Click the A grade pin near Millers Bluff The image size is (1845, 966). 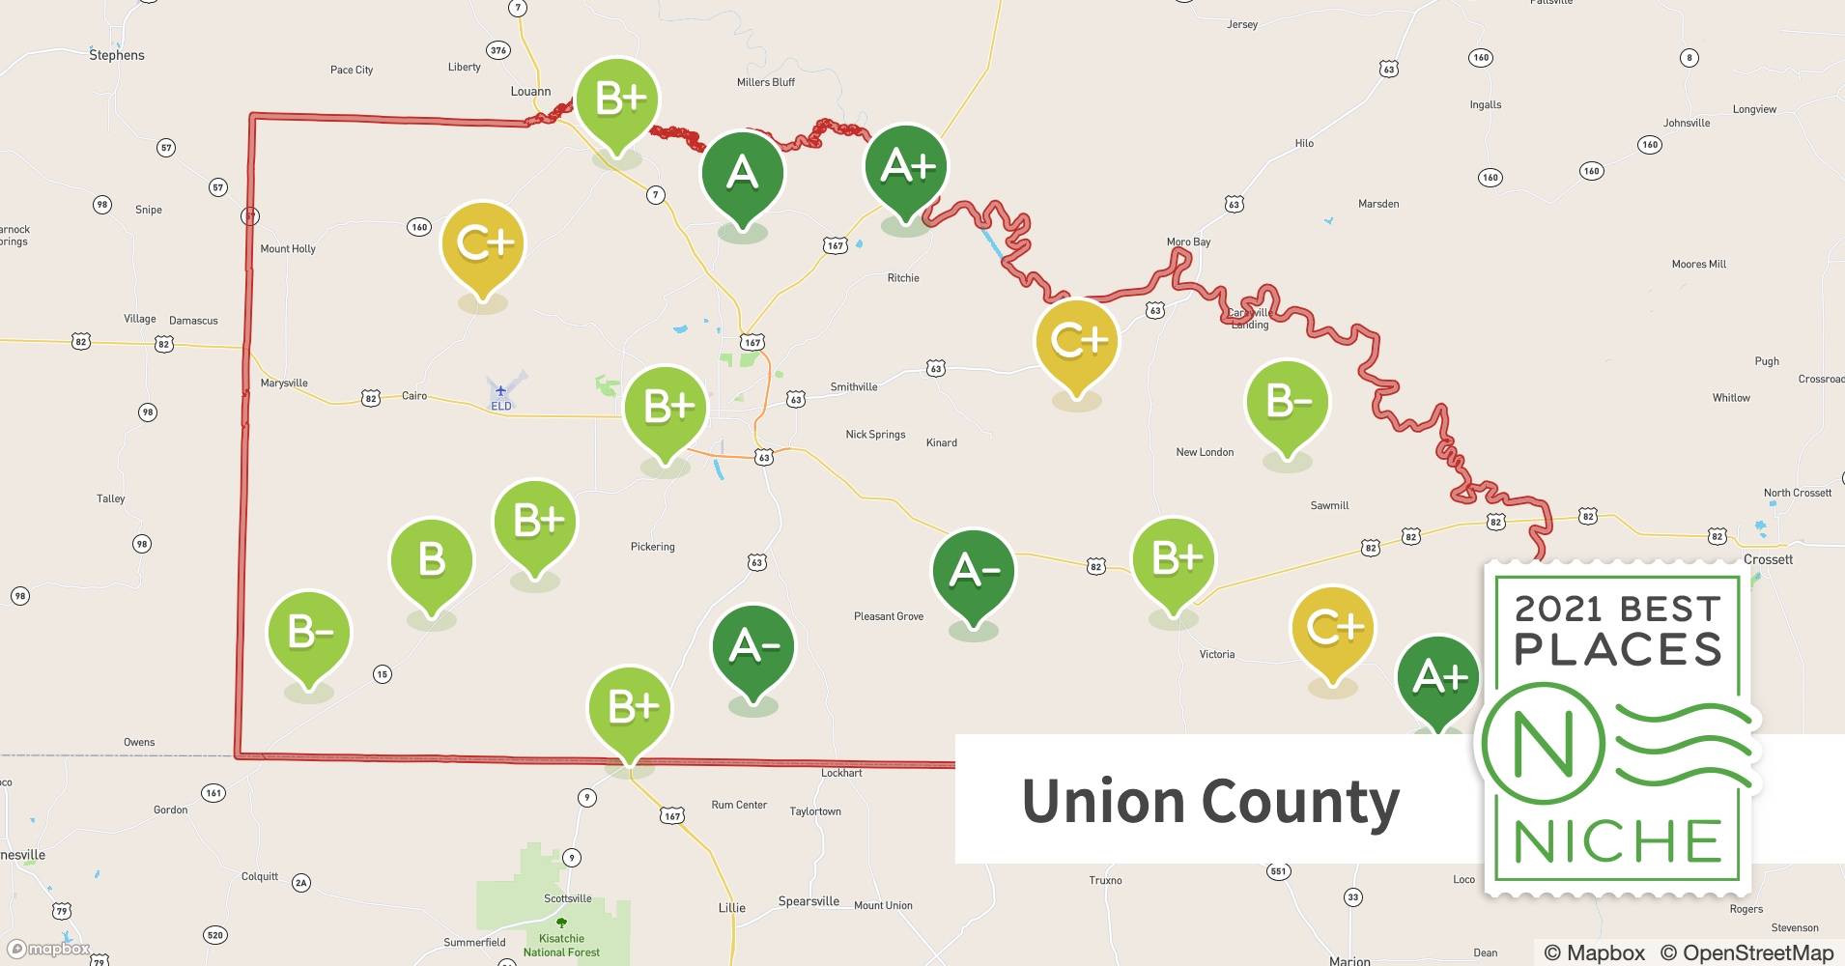[742, 174]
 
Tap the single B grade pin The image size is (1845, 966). [431, 561]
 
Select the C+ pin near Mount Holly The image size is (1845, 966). [482, 244]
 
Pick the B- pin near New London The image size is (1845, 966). [1287, 402]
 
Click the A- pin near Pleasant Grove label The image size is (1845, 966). [973, 571]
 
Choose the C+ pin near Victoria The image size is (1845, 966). [1333, 629]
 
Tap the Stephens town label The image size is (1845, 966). [117, 55]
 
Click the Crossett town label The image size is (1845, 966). [1768, 559]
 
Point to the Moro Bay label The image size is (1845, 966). [1188, 242]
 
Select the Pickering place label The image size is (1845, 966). [652, 547]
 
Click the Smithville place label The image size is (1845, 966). [854, 387]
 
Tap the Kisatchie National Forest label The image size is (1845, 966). [561, 945]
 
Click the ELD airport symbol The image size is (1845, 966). [500, 391]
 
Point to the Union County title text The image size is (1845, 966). [1210, 802]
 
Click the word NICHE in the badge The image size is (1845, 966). [1618, 841]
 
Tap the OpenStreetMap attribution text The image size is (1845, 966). [1757, 952]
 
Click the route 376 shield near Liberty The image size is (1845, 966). [497, 50]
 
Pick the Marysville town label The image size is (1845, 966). [284, 384]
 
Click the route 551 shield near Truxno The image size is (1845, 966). [1278, 871]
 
